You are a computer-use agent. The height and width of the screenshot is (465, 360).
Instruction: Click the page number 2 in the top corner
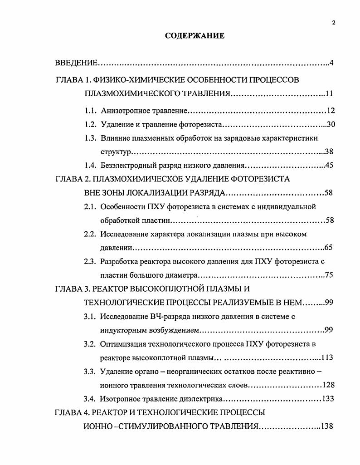pos(333,24)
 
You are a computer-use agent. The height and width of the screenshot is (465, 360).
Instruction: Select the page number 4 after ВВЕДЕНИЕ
pos(331,62)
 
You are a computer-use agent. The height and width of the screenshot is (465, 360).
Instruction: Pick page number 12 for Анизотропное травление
pos(330,111)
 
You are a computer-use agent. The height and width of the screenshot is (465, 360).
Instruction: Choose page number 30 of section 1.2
pos(330,124)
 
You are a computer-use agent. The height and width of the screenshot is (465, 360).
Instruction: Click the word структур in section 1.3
pos(115,151)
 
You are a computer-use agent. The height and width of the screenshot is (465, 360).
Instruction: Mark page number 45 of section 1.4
pos(330,165)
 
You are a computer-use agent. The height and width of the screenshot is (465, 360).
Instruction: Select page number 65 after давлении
pos(329,248)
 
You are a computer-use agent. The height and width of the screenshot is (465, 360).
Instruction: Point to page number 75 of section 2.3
pos(329,275)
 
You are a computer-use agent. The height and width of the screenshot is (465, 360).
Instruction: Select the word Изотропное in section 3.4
pos(118,399)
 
